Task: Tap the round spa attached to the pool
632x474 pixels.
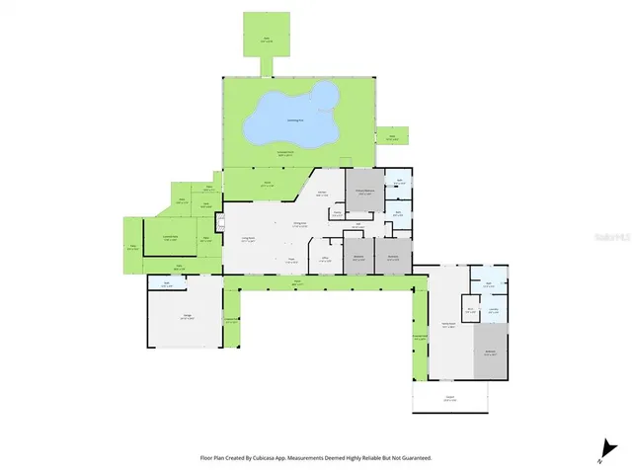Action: tap(322, 94)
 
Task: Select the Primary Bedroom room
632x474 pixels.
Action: tap(364, 194)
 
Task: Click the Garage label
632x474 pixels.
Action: tap(186, 316)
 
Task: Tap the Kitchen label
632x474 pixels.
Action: tap(323, 195)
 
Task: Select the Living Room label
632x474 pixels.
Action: tap(250, 238)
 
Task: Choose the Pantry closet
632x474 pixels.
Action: tap(337, 212)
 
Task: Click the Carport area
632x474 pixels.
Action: tap(450, 398)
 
